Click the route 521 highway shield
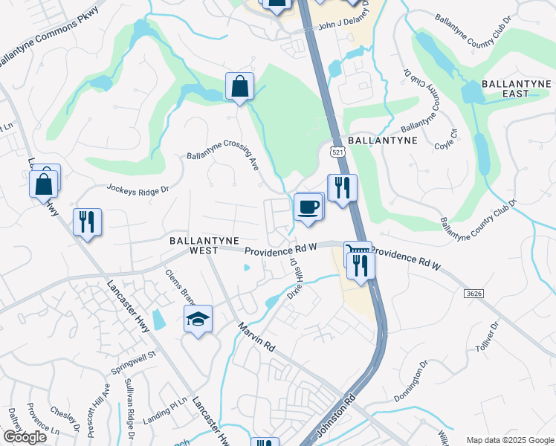[x=338, y=152]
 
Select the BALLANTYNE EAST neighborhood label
[x=515, y=88]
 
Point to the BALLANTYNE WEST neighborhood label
[x=204, y=246]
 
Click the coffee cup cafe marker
[x=307, y=207]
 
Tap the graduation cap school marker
[x=198, y=319]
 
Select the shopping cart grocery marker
[x=355, y=251]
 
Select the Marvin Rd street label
[x=256, y=337]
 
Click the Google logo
[x=25, y=437]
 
